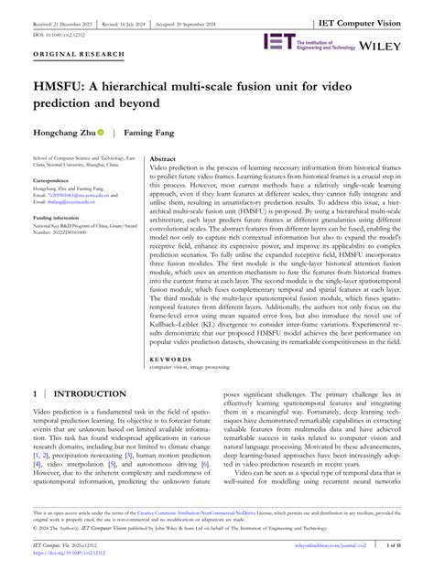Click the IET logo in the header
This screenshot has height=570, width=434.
277,40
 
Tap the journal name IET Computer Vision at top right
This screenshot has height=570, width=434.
378,8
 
